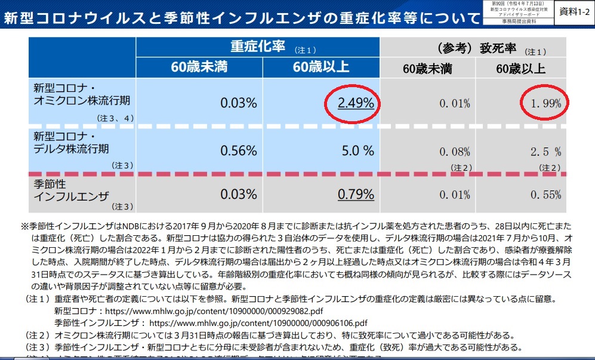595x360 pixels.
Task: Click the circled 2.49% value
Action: tap(356, 103)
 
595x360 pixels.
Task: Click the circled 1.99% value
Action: tap(544, 103)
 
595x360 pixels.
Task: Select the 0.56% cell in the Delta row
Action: tap(238, 151)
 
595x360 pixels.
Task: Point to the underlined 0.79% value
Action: tap(356, 194)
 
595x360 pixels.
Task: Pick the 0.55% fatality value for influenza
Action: tap(544, 195)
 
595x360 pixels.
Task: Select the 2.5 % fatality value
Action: tap(544, 152)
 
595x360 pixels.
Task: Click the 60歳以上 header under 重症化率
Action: tap(321, 67)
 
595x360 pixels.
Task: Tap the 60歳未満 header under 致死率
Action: tap(427, 69)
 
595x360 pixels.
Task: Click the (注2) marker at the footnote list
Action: tap(37, 335)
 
